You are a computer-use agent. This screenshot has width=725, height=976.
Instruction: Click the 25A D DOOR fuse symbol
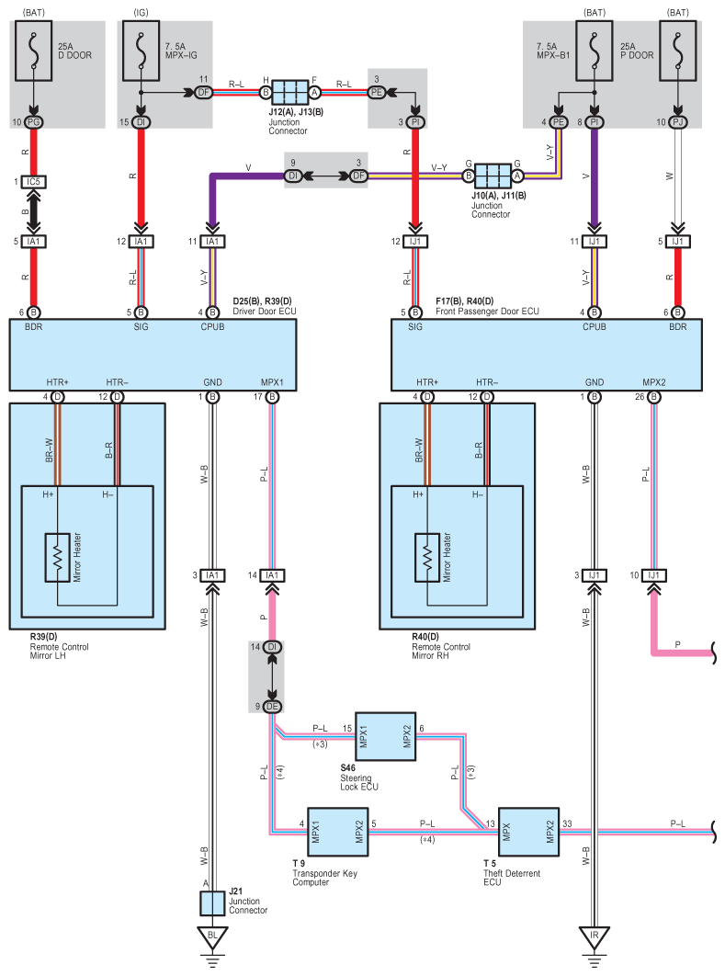pyautogui.click(x=34, y=51)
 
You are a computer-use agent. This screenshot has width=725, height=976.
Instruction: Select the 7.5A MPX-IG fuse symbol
pyautogui.click(x=142, y=51)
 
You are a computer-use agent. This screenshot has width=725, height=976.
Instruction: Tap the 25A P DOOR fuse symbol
pyautogui.click(x=678, y=51)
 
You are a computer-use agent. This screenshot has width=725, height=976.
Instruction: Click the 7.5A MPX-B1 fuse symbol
pyautogui.click(x=595, y=51)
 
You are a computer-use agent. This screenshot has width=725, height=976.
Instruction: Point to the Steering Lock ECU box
pyautogui.click(x=385, y=736)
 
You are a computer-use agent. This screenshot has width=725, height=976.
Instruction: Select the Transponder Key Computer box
pyautogui.click(x=338, y=833)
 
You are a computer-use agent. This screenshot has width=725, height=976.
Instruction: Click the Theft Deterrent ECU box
pyautogui.click(x=528, y=833)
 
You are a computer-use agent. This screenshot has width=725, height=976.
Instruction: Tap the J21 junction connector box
pyautogui.click(x=212, y=903)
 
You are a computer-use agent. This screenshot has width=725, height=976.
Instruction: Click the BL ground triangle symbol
pyautogui.click(x=212, y=937)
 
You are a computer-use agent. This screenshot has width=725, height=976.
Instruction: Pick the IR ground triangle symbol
pyautogui.click(x=595, y=937)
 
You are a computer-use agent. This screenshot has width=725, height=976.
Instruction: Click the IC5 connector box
pyautogui.click(x=34, y=182)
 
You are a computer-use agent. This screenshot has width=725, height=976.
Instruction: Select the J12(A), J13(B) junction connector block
pyautogui.click(x=290, y=92)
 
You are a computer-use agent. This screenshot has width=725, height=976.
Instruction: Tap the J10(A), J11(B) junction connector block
pyautogui.click(x=493, y=176)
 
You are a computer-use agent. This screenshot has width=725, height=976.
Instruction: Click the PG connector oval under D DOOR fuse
pyautogui.click(x=34, y=122)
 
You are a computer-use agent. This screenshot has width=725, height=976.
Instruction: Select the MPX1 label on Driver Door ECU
pyautogui.click(x=272, y=382)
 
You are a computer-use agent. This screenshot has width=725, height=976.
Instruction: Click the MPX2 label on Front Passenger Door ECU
pyautogui.click(x=654, y=382)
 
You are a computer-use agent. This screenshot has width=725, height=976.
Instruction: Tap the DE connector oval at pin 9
pyautogui.click(x=272, y=707)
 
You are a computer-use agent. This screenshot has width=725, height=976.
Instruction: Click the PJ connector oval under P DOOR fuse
pyautogui.click(x=678, y=122)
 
